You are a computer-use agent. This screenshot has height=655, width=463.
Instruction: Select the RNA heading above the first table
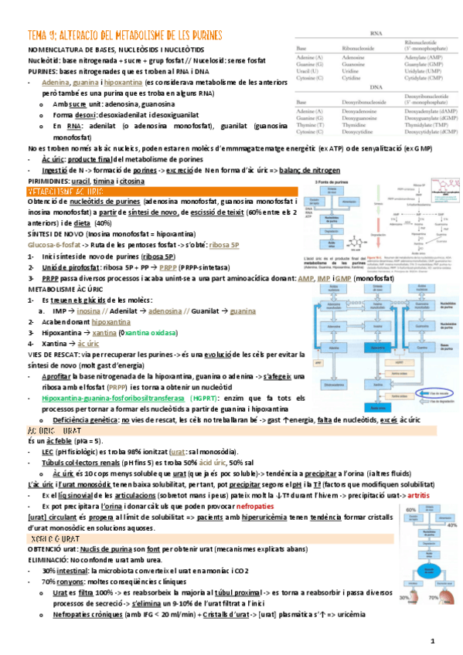(375, 34)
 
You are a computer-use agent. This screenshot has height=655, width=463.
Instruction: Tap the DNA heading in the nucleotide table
(375, 87)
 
